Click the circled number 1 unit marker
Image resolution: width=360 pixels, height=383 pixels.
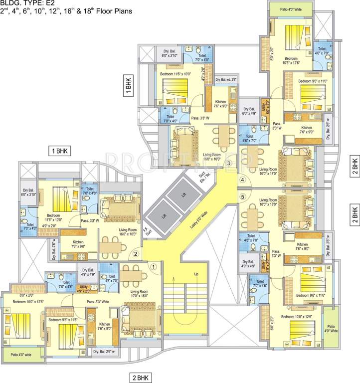tap(154, 266)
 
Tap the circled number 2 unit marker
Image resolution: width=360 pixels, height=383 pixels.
tap(135, 253)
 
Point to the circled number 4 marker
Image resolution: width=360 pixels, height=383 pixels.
tap(243, 180)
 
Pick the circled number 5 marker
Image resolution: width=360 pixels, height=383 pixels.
tap(243, 196)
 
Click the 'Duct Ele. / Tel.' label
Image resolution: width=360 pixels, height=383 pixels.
tap(203, 177)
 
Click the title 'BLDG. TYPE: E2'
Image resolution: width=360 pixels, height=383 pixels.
tap(27, 4)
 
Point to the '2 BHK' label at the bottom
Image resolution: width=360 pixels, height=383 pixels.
tap(142, 377)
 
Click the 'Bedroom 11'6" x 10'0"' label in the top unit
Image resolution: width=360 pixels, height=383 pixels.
tap(175, 74)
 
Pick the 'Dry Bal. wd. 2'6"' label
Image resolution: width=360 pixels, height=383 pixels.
tap(226, 80)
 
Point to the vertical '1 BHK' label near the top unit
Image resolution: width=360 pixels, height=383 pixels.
tap(128, 84)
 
